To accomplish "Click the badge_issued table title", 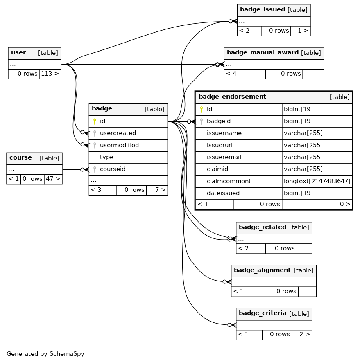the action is [x=263, y=9].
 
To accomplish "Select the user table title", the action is [x=18, y=52].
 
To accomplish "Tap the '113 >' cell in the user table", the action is [x=50, y=74].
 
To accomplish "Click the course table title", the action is [x=20, y=157].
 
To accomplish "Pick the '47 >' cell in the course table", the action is [x=53, y=179].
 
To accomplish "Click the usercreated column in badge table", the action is [x=118, y=133].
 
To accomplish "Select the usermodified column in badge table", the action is [x=119, y=145].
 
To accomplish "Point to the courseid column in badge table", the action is [x=113, y=169].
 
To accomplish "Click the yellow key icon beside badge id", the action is [x=95, y=121].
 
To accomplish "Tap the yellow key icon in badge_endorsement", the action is [x=202, y=109].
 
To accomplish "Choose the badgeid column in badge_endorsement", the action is [x=218, y=121].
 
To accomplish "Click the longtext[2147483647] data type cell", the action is [x=317, y=181].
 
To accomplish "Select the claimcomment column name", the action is [x=229, y=181].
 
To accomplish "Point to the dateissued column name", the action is [x=223, y=193].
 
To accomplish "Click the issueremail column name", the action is [x=224, y=157].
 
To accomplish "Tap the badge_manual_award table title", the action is [x=263, y=52].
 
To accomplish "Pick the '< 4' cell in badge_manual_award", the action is [x=245, y=74].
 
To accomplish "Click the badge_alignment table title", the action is [x=262, y=270].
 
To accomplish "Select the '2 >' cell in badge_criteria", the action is [x=302, y=334].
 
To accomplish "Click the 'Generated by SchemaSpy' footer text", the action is [x=45, y=354].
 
